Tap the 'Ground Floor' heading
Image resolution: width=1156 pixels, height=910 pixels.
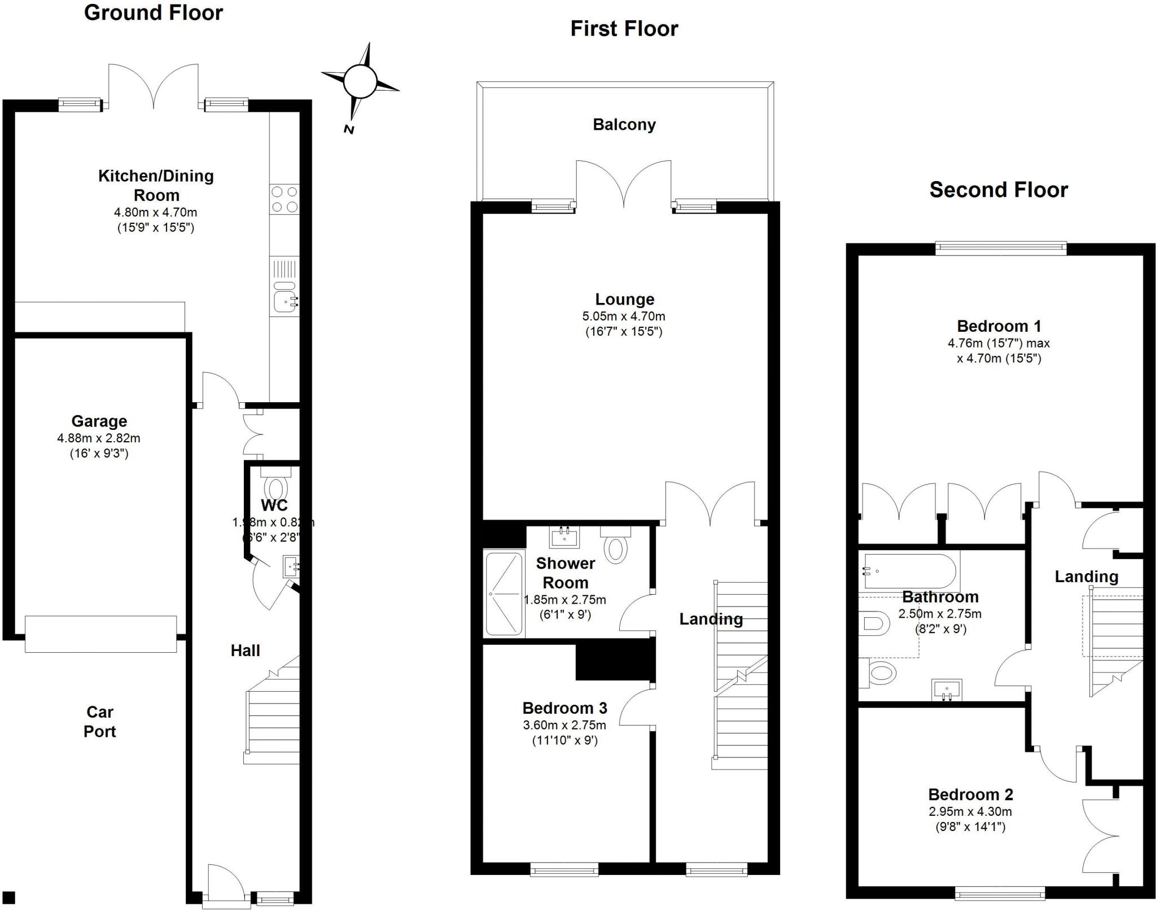click(x=153, y=12)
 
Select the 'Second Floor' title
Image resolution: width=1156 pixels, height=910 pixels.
click(x=998, y=190)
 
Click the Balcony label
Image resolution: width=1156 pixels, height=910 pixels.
click(x=624, y=125)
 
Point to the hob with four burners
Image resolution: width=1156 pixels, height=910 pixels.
click(x=284, y=199)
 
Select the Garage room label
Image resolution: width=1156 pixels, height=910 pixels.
click(x=99, y=421)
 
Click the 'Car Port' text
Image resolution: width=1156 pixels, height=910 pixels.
click(x=99, y=722)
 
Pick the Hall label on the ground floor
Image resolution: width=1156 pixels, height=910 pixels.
click(x=245, y=650)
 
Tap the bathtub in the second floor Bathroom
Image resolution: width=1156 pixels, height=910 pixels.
click(x=908, y=571)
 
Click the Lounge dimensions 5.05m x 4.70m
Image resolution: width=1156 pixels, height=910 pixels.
click(x=623, y=316)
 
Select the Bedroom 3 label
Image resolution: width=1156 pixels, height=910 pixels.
click(x=564, y=708)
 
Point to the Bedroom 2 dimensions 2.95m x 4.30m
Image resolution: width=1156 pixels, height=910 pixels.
click(x=970, y=812)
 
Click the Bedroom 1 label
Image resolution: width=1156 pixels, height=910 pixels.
click(x=998, y=326)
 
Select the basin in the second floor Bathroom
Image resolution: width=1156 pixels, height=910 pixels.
click(x=946, y=689)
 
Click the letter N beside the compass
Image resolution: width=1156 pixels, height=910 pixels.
click(x=349, y=130)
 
